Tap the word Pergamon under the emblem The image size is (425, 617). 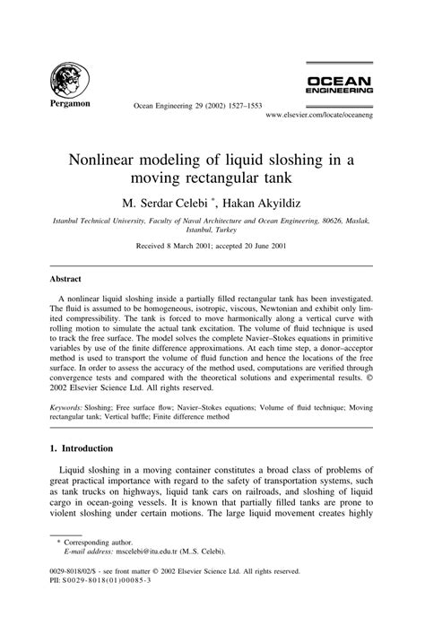coord(67,104)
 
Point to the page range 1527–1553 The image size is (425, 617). coord(230,106)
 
